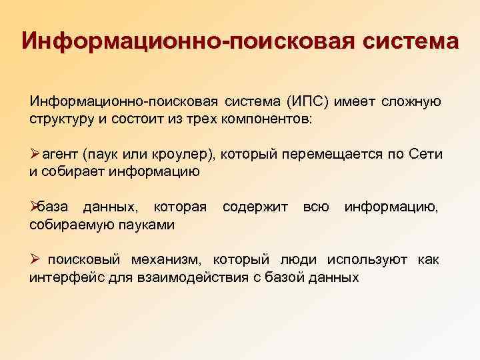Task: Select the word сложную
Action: click(411, 102)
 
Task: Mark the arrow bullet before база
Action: click(35, 208)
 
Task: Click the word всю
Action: click(316, 208)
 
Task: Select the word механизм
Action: click(169, 260)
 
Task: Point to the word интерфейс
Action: click(62, 277)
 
